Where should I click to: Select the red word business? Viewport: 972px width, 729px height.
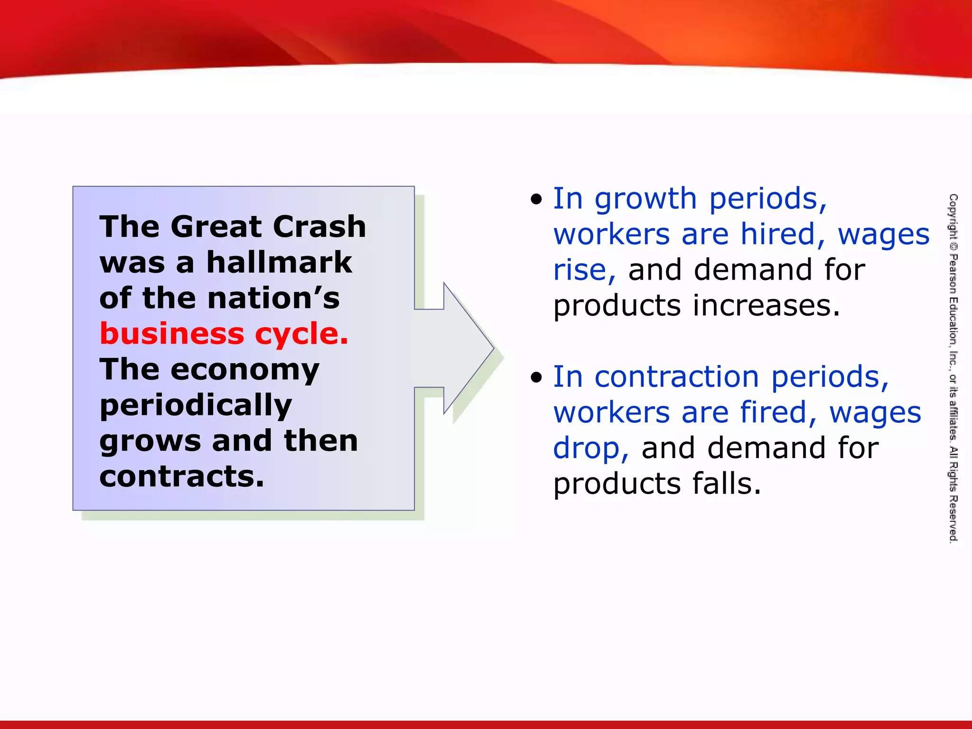pos(172,334)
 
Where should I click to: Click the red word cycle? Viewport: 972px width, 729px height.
pos(301,335)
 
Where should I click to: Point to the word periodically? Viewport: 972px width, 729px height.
pos(196,406)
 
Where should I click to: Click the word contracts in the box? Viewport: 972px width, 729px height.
pos(181,477)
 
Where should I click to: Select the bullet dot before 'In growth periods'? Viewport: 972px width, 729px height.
pos(536,199)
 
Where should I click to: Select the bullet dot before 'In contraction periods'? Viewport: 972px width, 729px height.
pos(536,378)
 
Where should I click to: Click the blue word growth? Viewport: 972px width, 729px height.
pos(645,199)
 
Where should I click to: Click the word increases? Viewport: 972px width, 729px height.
pos(766,306)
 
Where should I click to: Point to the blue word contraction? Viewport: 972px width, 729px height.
pos(677,377)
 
